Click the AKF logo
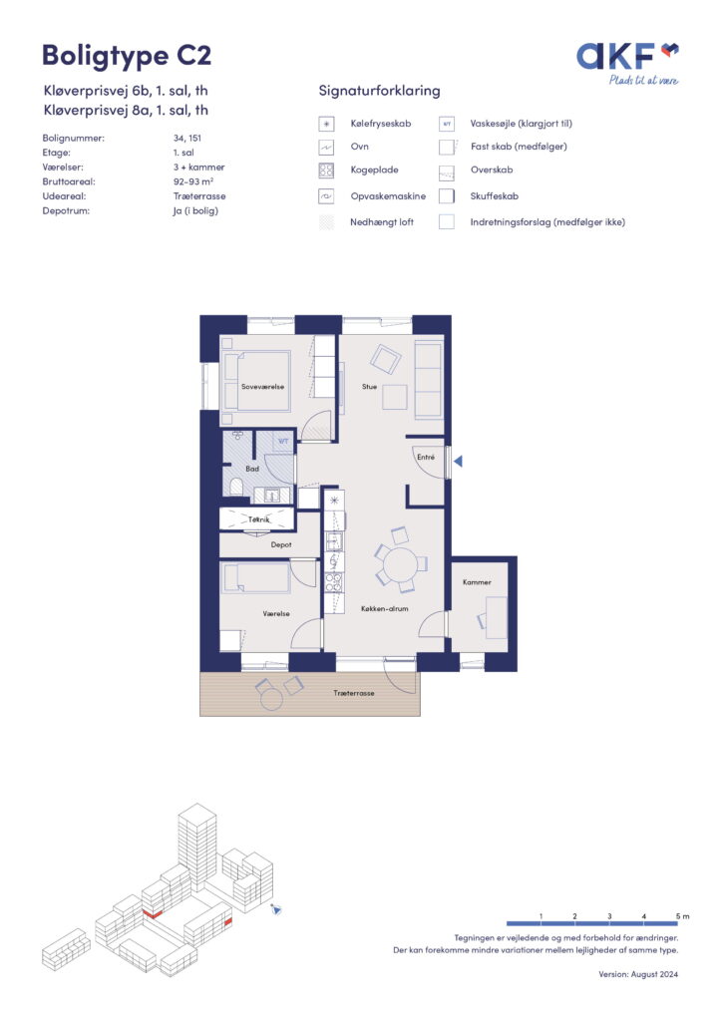pos(627,63)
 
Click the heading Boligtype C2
pos(127,56)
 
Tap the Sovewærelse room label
pos(262,386)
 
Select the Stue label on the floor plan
pos(369,386)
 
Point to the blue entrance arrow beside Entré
pos(459,461)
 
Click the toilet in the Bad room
pos(236,486)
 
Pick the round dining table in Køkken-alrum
pos(399,564)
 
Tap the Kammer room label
pos(477,582)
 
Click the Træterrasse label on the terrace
pos(354,693)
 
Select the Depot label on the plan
pos(281,544)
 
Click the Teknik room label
pos(258,519)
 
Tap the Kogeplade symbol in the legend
pos(326,170)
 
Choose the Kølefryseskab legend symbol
pos(326,124)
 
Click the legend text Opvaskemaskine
pos(388,196)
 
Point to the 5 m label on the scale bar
pos(682,916)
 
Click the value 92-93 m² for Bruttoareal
pos(192,181)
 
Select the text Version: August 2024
pos(638,974)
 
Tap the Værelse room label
pos(276,613)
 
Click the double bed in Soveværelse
pos(256,381)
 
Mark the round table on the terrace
pos(271,699)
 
